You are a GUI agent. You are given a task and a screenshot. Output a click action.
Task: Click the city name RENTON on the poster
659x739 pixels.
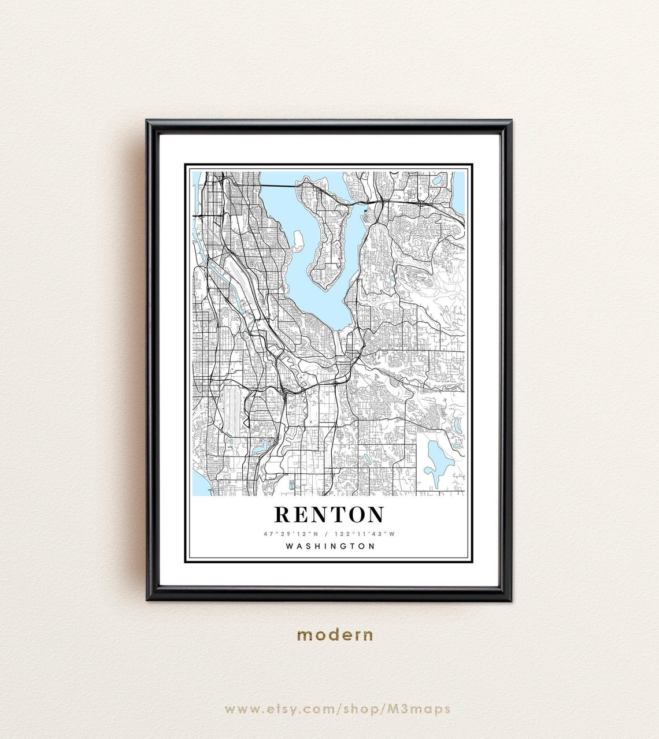pos(329,514)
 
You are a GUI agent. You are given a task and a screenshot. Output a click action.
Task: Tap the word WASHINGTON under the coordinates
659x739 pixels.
pos(330,546)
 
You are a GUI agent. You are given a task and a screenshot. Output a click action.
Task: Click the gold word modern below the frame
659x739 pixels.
pos(335,635)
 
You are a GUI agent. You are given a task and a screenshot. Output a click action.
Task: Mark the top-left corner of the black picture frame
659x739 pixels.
pos(148,121)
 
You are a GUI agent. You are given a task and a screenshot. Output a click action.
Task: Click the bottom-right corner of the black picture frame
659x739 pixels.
pos(510,599)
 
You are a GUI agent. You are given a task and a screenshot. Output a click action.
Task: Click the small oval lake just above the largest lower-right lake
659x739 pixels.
pos(457,427)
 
